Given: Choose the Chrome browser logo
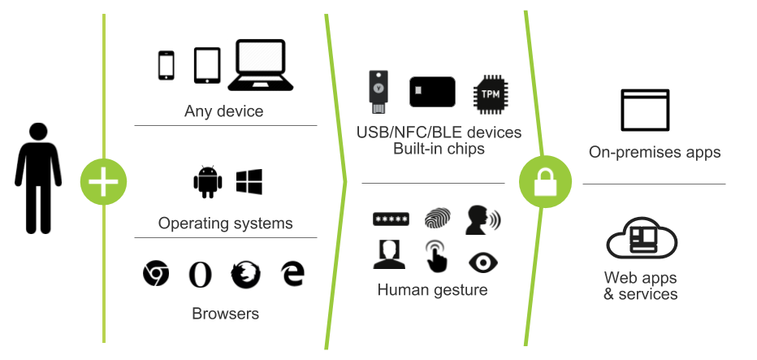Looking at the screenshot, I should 155,274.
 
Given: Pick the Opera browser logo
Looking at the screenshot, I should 200,274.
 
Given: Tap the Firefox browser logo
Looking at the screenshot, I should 244,274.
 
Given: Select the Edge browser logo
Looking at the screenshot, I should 292,273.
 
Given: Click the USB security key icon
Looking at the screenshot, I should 378,91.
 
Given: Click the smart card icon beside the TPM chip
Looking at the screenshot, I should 432,93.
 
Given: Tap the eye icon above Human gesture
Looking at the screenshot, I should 482,262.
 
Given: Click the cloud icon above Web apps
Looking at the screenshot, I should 642,241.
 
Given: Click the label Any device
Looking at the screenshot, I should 223,111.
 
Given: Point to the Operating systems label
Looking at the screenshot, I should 226,223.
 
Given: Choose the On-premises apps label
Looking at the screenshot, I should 654,153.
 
